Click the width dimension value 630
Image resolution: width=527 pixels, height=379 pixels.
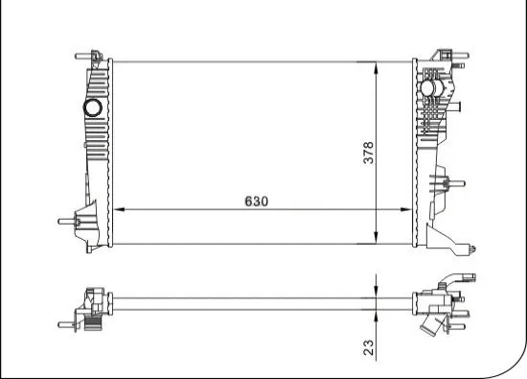point(254,201)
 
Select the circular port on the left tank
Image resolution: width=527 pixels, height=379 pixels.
point(95,107)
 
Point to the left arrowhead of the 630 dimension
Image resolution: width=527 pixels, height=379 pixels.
point(117,209)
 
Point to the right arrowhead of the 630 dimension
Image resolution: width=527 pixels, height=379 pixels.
point(407,209)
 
